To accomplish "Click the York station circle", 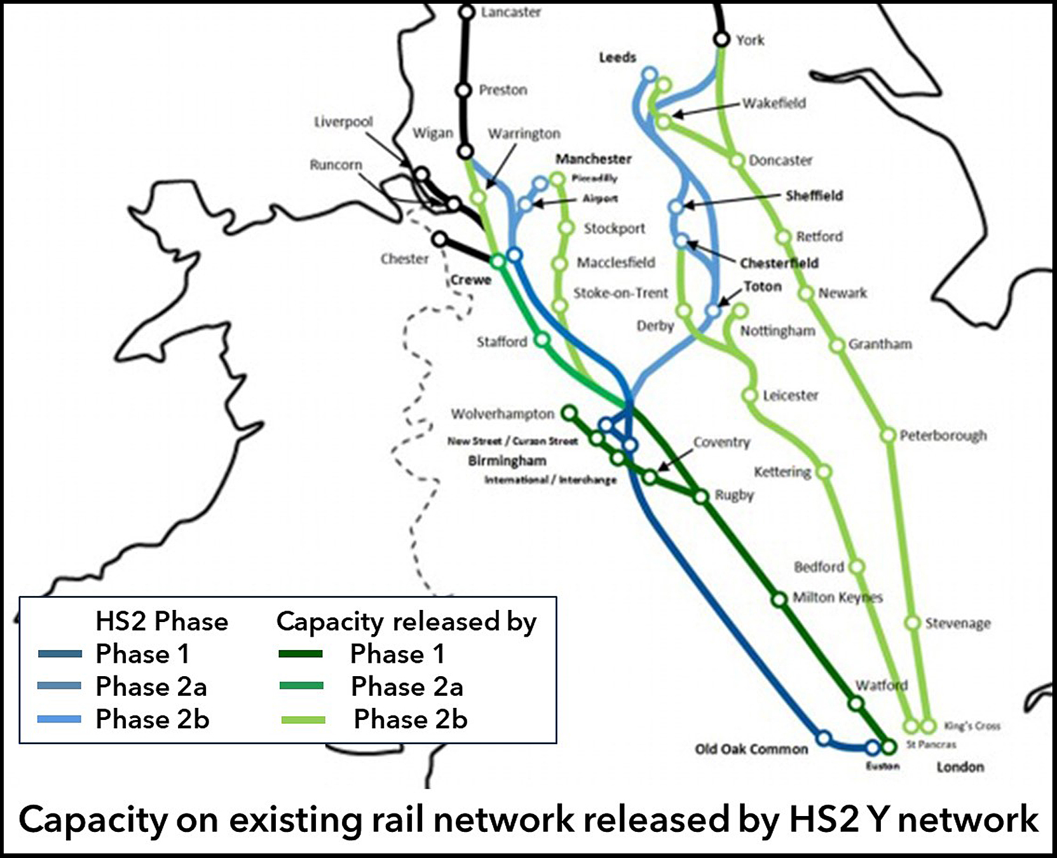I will (x=721, y=39).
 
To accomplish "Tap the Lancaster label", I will (x=510, y=12).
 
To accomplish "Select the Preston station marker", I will (x=464, y=90).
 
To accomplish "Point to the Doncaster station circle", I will (x=737, y=160).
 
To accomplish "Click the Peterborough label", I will (x=943, y=436).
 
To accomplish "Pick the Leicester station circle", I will (x=751, y=396).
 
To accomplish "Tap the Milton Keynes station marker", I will (x=779, y=599).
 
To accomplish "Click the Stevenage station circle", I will (x=912, y=623).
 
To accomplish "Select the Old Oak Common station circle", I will (x=824, y=738).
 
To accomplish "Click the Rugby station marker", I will (x=700, y=497).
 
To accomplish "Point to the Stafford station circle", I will (x=542, y=340).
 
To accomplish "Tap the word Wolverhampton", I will (x=502, y=414).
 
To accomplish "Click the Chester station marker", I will (x=439, y=240).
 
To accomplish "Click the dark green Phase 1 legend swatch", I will (x=301, y=654).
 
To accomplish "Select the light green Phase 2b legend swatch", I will (x=303, y=720).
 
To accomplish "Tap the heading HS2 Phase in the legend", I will (x=161, y=621).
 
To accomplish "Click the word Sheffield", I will (x=814, y=196).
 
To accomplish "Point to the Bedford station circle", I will (x=857, y=566).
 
